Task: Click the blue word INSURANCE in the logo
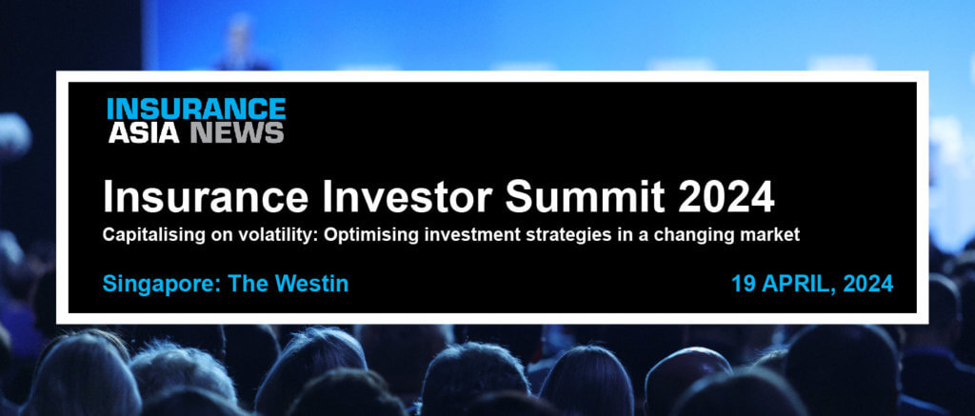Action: (x=196, y=109)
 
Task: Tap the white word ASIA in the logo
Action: (x=145, y=132)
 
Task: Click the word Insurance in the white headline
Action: (x=206, y=196)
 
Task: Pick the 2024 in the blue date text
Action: (x=868, y=284)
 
